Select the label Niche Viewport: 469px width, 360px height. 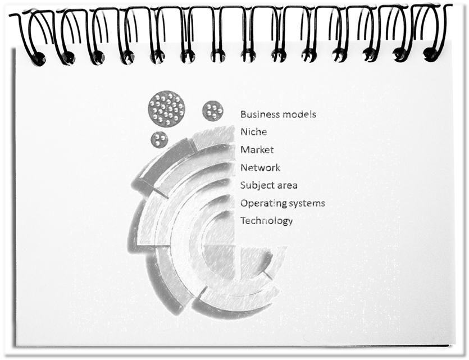[254, 132]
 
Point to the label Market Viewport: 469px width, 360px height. [257, 149]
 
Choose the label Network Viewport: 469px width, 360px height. [261, 167]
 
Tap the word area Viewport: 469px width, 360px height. [288, 186]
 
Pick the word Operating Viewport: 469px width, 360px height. [259, 203]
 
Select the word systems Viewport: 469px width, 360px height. [303, 203]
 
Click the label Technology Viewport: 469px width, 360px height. [266, 221]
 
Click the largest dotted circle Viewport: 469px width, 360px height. [166, 109]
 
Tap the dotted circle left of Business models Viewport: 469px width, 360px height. [213, 111]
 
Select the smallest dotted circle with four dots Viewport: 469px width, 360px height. [160, 140]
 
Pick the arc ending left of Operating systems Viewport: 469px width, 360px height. [206, 209]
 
